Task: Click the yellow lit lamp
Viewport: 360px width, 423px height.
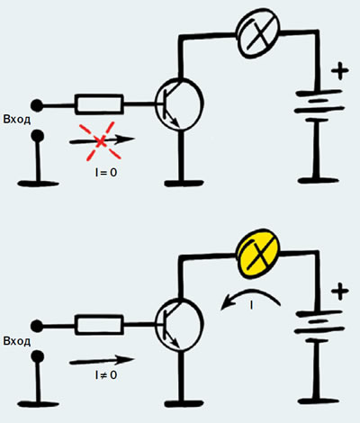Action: point(258,253)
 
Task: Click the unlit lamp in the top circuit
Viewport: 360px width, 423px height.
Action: point(258,33)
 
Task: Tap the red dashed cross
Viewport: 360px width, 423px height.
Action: point(100,141)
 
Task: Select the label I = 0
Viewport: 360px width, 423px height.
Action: point(106,173)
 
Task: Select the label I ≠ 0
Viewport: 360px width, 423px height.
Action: point(106,375)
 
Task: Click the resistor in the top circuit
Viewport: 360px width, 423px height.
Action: point(99,104)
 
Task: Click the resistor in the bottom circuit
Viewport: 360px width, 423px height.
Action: point(99,325)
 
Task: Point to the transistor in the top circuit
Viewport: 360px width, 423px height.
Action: point(179,104)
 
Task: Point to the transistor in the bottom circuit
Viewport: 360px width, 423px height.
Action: point(179,325)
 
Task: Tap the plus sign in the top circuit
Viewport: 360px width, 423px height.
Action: point(340,71)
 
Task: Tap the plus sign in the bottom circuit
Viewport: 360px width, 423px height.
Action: point(340,292)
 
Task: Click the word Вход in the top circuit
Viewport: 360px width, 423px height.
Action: point(17,120)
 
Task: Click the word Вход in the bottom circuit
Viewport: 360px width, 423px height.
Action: point(17,341)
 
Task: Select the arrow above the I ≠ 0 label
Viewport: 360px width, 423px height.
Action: point(102,360)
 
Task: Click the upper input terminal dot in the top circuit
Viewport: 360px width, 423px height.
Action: point(37,105)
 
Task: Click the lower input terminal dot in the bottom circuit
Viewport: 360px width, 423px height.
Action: point(38,357)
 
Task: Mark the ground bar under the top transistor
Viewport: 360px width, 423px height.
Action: point(184,183)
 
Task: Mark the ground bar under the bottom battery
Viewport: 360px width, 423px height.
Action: point(319,401)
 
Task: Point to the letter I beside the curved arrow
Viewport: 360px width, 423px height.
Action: point(251,305)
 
